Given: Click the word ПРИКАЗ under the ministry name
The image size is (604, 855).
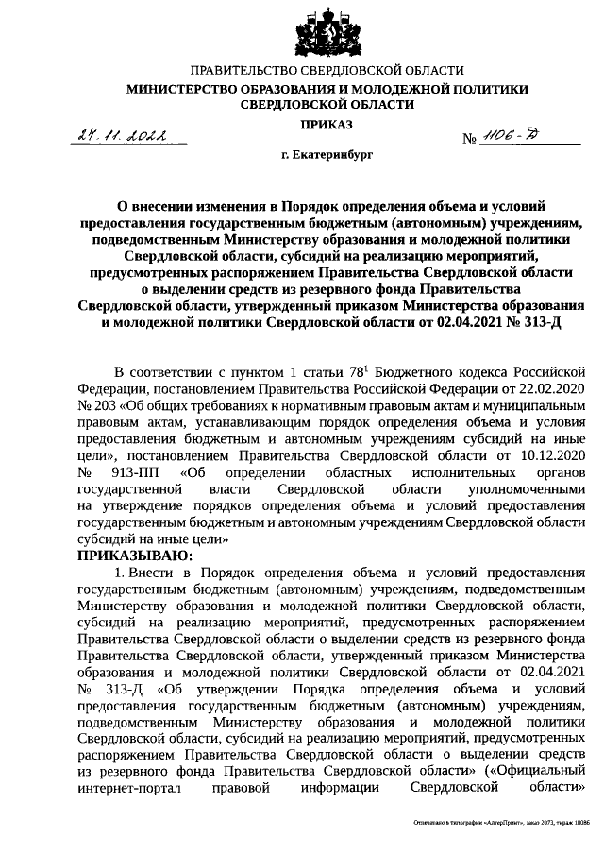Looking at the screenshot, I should pos(327,124).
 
